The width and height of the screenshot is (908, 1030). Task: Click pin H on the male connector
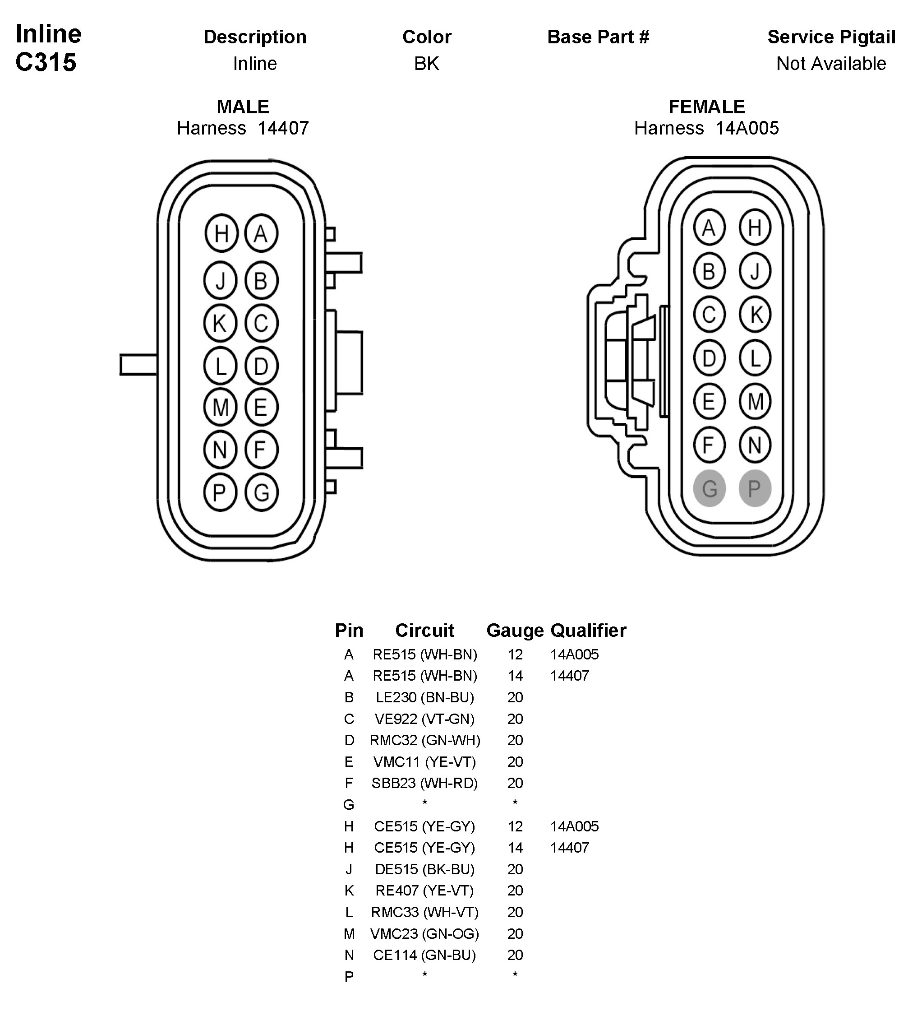[221, 233]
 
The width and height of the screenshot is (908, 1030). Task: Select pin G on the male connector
[261, 492]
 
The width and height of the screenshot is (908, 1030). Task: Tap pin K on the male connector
[220, 323]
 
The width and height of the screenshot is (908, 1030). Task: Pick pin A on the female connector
[709, 228]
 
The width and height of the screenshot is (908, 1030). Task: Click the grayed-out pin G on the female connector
[709, 488]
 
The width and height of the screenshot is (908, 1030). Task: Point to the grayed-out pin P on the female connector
[754, 488]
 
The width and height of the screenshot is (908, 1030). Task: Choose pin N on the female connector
[754, 445]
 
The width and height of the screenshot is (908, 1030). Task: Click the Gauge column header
[515, 631]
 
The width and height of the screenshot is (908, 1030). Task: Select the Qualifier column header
[588, 631]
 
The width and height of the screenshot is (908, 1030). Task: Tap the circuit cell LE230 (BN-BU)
[424, 697]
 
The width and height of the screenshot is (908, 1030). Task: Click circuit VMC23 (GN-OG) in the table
[424, 934]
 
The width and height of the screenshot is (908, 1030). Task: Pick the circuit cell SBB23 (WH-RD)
[424, 783]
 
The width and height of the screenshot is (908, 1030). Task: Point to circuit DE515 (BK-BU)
[424, 869]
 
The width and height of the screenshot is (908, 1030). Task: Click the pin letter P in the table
[349, 977]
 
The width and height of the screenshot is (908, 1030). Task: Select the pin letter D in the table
[349, 740]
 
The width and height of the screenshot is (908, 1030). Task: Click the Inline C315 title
[48, 48]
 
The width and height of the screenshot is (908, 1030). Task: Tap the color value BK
[427, 64]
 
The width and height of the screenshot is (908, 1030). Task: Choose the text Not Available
[831, 64]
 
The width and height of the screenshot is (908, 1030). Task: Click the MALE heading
[243, 107]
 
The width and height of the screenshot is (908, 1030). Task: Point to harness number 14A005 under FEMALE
[747, 129]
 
